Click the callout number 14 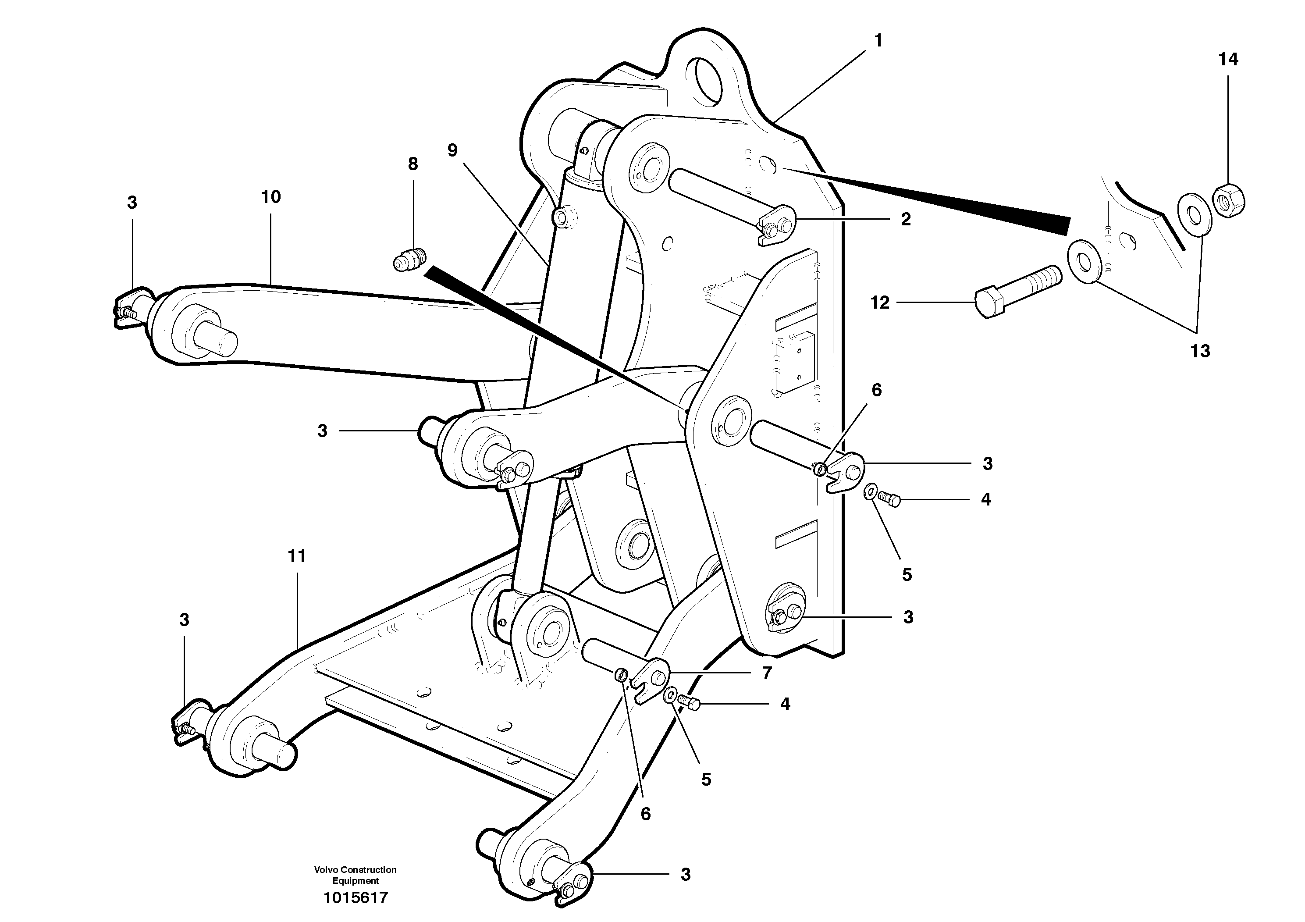coord(1228,59)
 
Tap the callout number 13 coord(1200,351)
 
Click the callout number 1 coord(878,41)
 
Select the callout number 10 coord(270,197)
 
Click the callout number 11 coord(297,556)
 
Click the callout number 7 coord(767,673)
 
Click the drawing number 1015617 coord(355,898)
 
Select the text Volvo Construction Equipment coord(355,875)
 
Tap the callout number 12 coord(879,303)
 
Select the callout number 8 coord(412,164)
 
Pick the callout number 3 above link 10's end coord(132,203)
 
